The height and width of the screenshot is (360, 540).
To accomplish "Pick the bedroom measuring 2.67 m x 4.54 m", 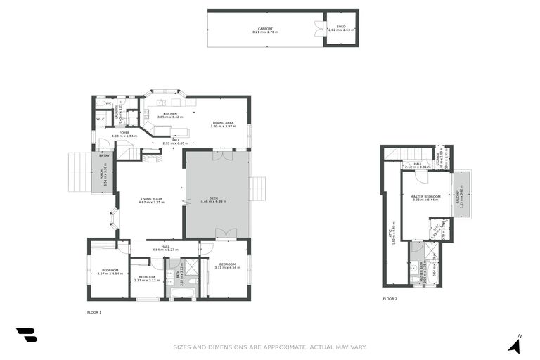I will click(111, 271).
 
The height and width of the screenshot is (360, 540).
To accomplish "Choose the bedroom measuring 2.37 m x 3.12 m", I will click(146, 278).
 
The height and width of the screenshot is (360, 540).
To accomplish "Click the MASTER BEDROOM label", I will click(426, 198).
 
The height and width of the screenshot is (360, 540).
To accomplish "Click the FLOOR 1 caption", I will click(94, 312).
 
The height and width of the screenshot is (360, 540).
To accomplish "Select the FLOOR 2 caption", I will click(390, 299).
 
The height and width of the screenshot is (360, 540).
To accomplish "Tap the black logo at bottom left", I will click(27, 335).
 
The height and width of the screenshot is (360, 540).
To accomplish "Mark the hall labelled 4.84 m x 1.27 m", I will click(166, 247).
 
